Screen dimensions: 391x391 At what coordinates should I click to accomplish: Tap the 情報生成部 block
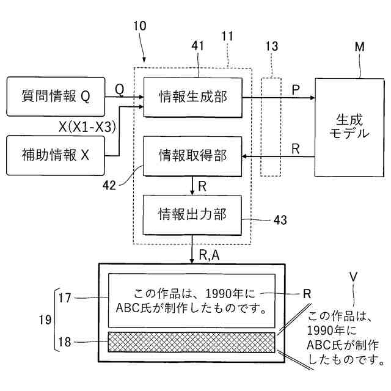coord(192,97)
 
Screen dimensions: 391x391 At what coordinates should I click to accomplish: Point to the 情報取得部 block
coord(192,156)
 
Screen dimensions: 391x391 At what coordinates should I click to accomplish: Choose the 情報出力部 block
coord(192,214)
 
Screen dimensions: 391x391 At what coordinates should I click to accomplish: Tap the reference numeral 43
coord(280,218)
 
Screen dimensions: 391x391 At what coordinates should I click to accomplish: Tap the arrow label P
coord(296,89)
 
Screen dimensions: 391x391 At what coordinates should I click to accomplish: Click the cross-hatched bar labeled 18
coord(192,342)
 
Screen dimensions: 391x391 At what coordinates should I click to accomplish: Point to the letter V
coord(352,276)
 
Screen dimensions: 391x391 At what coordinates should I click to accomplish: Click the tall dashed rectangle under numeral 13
coord(271,126)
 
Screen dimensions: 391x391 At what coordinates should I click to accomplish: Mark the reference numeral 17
coord(65,298)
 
